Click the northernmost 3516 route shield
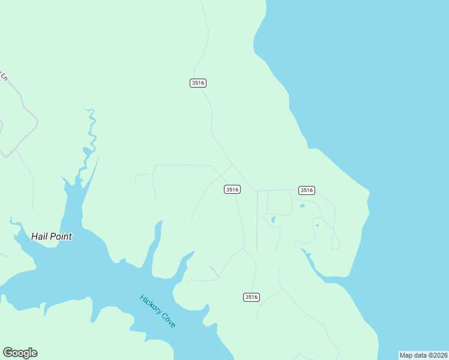198,83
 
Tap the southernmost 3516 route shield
252,297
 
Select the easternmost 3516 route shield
306,190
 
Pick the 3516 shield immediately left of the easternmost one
232,190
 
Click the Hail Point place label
52,236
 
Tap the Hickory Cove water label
158,311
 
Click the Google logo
20,353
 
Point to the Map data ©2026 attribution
423,355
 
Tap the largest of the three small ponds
273,220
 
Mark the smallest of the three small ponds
316,226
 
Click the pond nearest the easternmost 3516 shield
302,206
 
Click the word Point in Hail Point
61,236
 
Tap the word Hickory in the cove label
150,304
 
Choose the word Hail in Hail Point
40,236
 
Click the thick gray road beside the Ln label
24,108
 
